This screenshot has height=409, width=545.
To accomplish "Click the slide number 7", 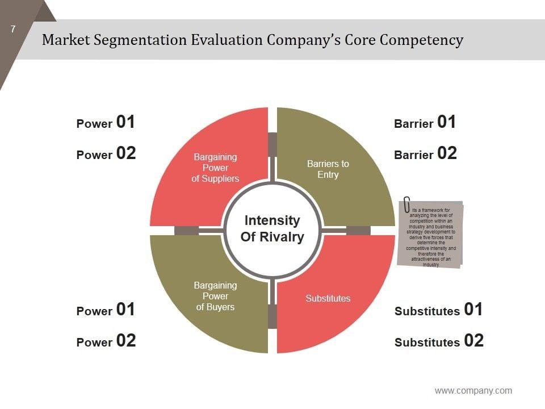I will (x=13, y=30).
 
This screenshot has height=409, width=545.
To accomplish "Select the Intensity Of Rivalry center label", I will (x=272, y=228).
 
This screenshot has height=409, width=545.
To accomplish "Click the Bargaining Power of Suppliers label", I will (x=215, y=168).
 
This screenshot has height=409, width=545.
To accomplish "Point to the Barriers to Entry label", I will (x=328, y=169).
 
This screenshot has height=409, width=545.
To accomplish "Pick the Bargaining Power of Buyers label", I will (x=215, y=296).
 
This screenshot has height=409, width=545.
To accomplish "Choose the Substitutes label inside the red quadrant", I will (x=328, y=298).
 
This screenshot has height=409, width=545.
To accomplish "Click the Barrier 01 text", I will (x=425, y=123).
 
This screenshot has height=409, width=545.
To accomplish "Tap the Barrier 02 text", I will (x=425, y=154).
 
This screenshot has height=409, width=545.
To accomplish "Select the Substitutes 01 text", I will (x=438, y=310).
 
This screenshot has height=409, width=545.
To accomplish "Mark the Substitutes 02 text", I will (x=439, y=341).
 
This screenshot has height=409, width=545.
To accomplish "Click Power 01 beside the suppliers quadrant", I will (x=106, y=123).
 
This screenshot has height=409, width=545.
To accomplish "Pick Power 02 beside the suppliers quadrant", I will (x=106, y=154).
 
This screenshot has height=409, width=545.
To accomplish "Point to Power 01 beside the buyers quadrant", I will (x=106, y=310).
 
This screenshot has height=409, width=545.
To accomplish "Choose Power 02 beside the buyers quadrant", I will (x=106, y=341).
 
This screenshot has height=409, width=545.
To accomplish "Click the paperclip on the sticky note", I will (x=407, y=204).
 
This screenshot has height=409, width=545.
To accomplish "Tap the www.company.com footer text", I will (x=473, y=391).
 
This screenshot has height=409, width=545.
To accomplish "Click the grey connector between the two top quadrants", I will (x=272, y=143).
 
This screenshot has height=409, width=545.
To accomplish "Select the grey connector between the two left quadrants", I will (x=186, y=230).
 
